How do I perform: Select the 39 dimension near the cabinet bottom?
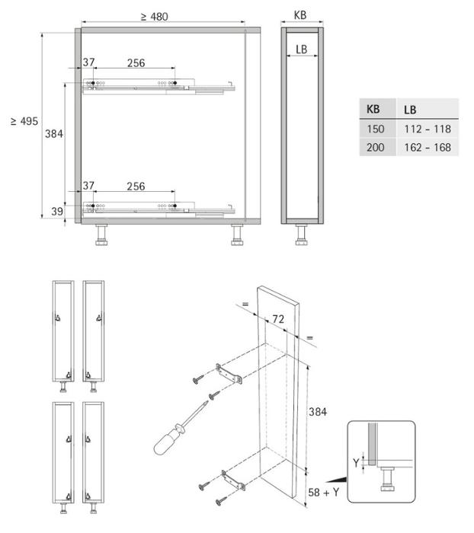click(x=56, y=212)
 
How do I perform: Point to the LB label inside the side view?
click(x=301, y=49)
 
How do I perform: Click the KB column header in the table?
click(x=374, y=108)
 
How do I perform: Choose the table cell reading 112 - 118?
click(x=428, y=128)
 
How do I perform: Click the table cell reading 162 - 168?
click(x=428, y=147)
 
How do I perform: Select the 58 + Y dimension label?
click(x=324, y=492)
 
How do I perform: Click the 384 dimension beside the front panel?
click(x=319, y=411)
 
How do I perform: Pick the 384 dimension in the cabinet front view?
click(x=54, y=134)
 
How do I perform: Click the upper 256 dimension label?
click(x=136, y=63)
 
